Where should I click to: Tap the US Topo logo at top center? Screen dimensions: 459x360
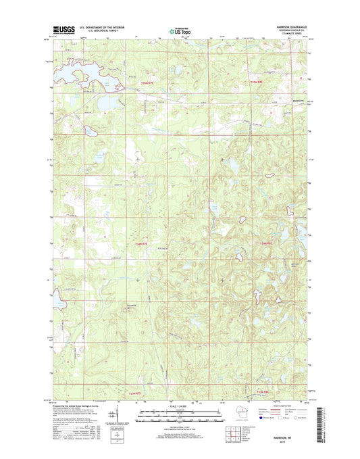pos(180,30)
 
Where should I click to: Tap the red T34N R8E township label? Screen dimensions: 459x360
pos(268,243)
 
